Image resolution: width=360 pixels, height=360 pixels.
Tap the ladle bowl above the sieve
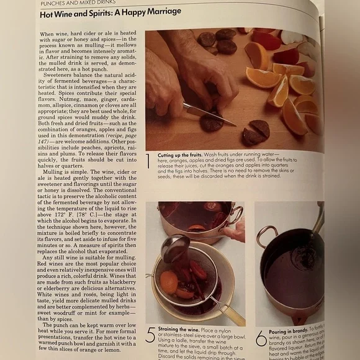[x=175, y=246]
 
